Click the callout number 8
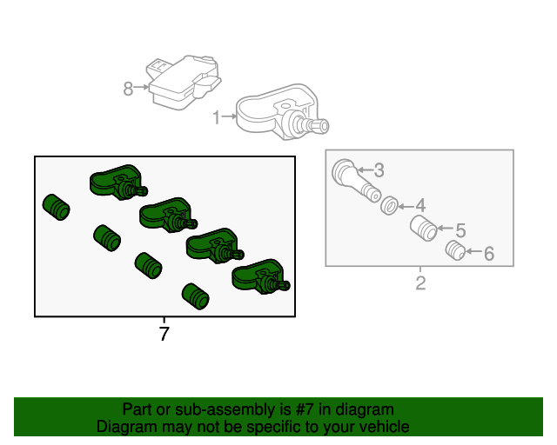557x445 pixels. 128,88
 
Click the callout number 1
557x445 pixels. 217,116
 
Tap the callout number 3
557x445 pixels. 379,170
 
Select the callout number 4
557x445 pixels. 419,206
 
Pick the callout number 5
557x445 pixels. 460,230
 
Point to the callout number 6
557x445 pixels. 488,254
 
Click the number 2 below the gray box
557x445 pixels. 420,283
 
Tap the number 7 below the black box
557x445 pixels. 164,333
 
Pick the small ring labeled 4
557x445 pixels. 390,206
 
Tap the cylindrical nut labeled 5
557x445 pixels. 423,230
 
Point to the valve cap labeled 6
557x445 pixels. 454,251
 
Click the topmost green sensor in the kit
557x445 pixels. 117,181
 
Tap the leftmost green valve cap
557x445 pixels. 57,207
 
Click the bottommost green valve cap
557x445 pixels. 195,296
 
